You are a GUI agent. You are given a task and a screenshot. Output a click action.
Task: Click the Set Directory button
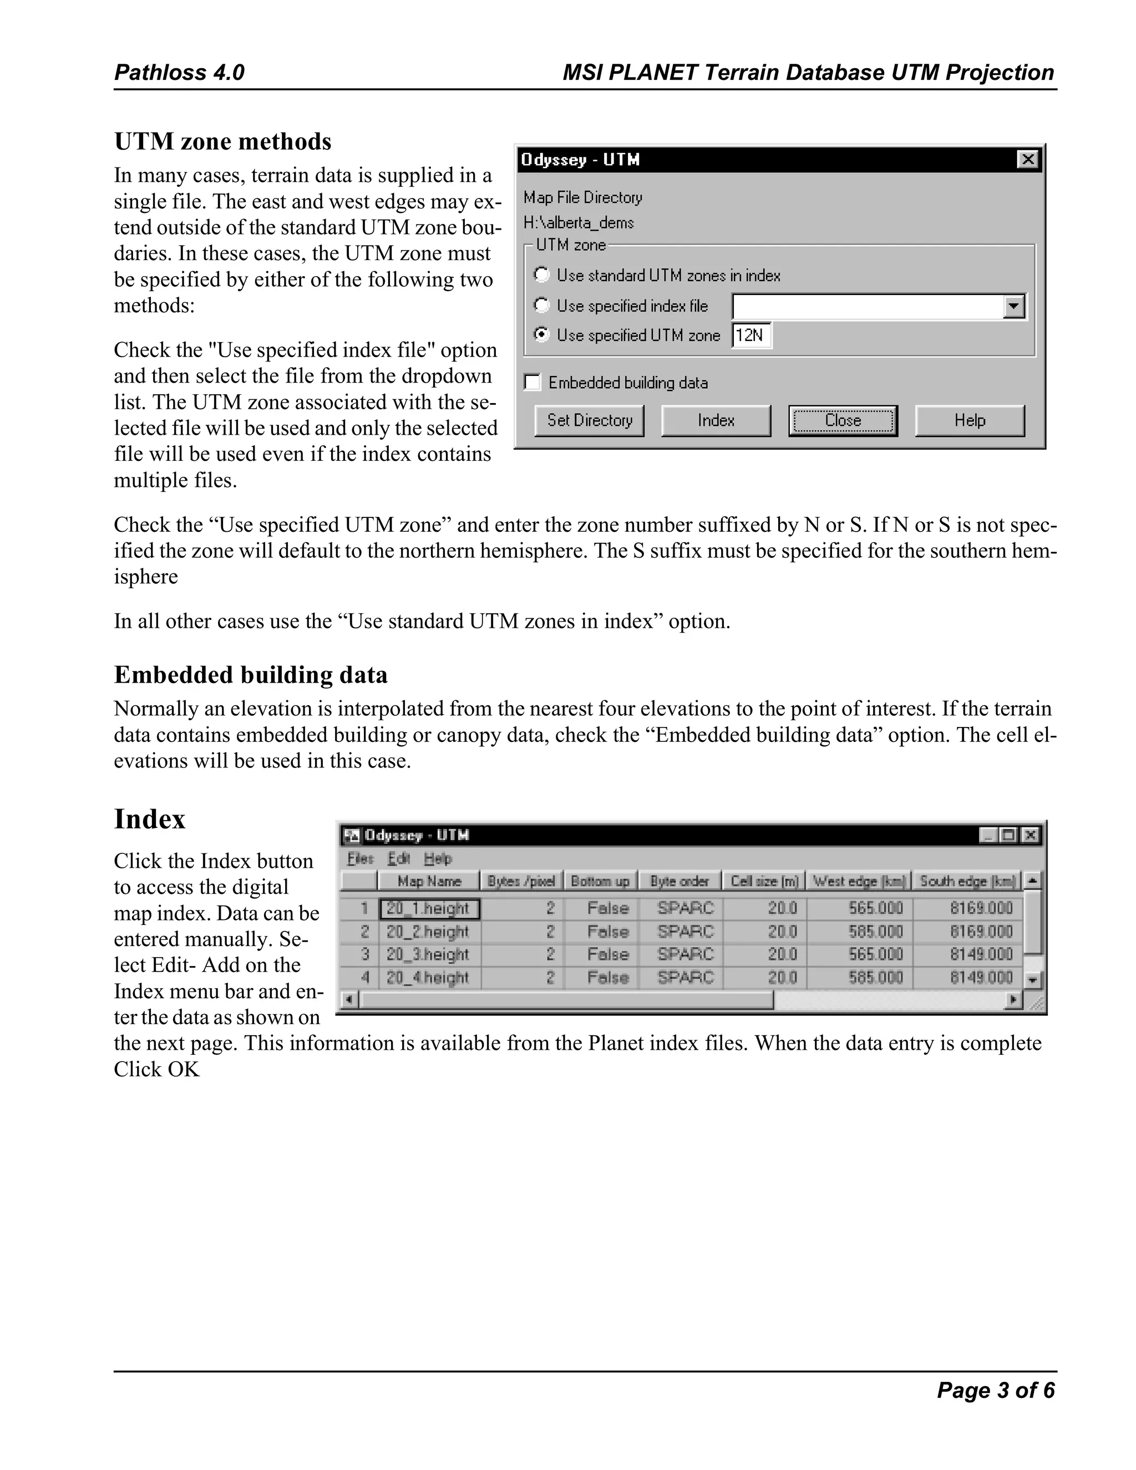tap(589, 421)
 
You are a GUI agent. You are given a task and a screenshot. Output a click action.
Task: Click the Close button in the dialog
tap(843, 421)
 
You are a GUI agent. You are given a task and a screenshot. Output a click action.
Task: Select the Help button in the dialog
tap(969, 421)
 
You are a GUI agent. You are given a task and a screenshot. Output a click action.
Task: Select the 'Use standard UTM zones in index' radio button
tap(541, 275)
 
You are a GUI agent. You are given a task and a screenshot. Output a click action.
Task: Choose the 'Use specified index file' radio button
tap(541, 306)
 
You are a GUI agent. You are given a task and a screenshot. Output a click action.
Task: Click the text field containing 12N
tap(752, 335)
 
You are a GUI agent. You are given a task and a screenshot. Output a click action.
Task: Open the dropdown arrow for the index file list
tap(1013, 307)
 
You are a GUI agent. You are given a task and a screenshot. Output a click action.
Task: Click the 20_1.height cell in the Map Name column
tap(429, 909)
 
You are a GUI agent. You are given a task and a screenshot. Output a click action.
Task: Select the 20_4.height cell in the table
tap(429, 977)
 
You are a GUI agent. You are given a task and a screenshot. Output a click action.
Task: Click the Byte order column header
tap(679, 881)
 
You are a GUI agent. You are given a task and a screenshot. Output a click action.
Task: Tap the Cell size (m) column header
tap(764, 881)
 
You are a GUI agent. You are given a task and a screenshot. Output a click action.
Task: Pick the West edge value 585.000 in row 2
tap(875, 932)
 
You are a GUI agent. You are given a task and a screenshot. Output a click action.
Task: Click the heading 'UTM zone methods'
tap(222, 142)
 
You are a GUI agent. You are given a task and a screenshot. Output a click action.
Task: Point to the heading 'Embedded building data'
tap(251, 675)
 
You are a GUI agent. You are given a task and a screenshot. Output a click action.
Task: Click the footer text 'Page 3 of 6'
tap(995, 1391)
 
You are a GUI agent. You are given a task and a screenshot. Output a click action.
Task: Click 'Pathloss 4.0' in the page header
tap(179, 72)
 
